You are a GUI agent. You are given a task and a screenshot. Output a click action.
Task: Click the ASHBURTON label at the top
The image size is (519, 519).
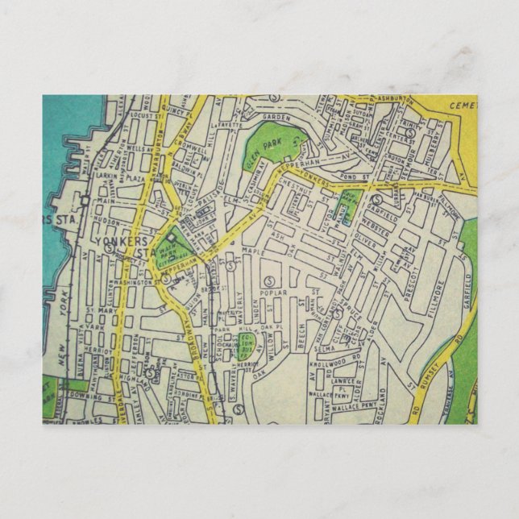394,99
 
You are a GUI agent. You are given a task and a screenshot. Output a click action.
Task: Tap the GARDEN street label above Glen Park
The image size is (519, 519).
275,117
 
